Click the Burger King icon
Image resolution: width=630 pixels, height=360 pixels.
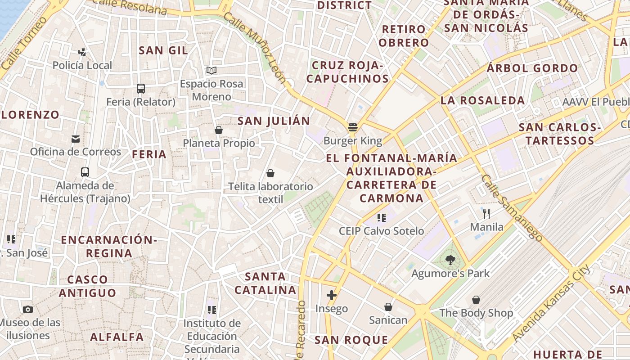click(353, 127)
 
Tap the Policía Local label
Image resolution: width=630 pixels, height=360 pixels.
click(82, 65)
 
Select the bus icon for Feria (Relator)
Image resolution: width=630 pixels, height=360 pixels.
click(141, 88)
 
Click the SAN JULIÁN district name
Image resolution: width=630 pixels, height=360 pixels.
click(274, 121)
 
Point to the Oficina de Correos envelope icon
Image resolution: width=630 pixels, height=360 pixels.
click(76, 139)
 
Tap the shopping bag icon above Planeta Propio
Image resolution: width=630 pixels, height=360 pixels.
click(219, 130)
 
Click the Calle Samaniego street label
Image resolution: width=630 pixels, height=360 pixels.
click(512, 207)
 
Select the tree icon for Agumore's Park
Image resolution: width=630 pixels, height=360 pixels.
click(450, 260)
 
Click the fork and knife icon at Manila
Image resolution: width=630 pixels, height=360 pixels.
click(486, 213)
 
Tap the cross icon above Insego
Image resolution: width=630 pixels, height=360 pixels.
click(332, 295)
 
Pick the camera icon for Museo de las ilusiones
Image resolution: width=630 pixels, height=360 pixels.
click(28, 309)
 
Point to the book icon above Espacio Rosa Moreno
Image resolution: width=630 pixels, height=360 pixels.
click(211, 70)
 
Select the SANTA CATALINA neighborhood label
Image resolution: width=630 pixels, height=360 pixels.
click(265, 283)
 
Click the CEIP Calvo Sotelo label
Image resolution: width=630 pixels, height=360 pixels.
click(381, 231)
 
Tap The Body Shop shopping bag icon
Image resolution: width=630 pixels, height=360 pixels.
click(476, 300)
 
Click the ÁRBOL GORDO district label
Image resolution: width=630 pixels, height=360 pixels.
click(532, 68)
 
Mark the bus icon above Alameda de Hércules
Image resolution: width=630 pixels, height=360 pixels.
click(85, 172)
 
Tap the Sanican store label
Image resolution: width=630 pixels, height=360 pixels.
click(388, 320)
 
